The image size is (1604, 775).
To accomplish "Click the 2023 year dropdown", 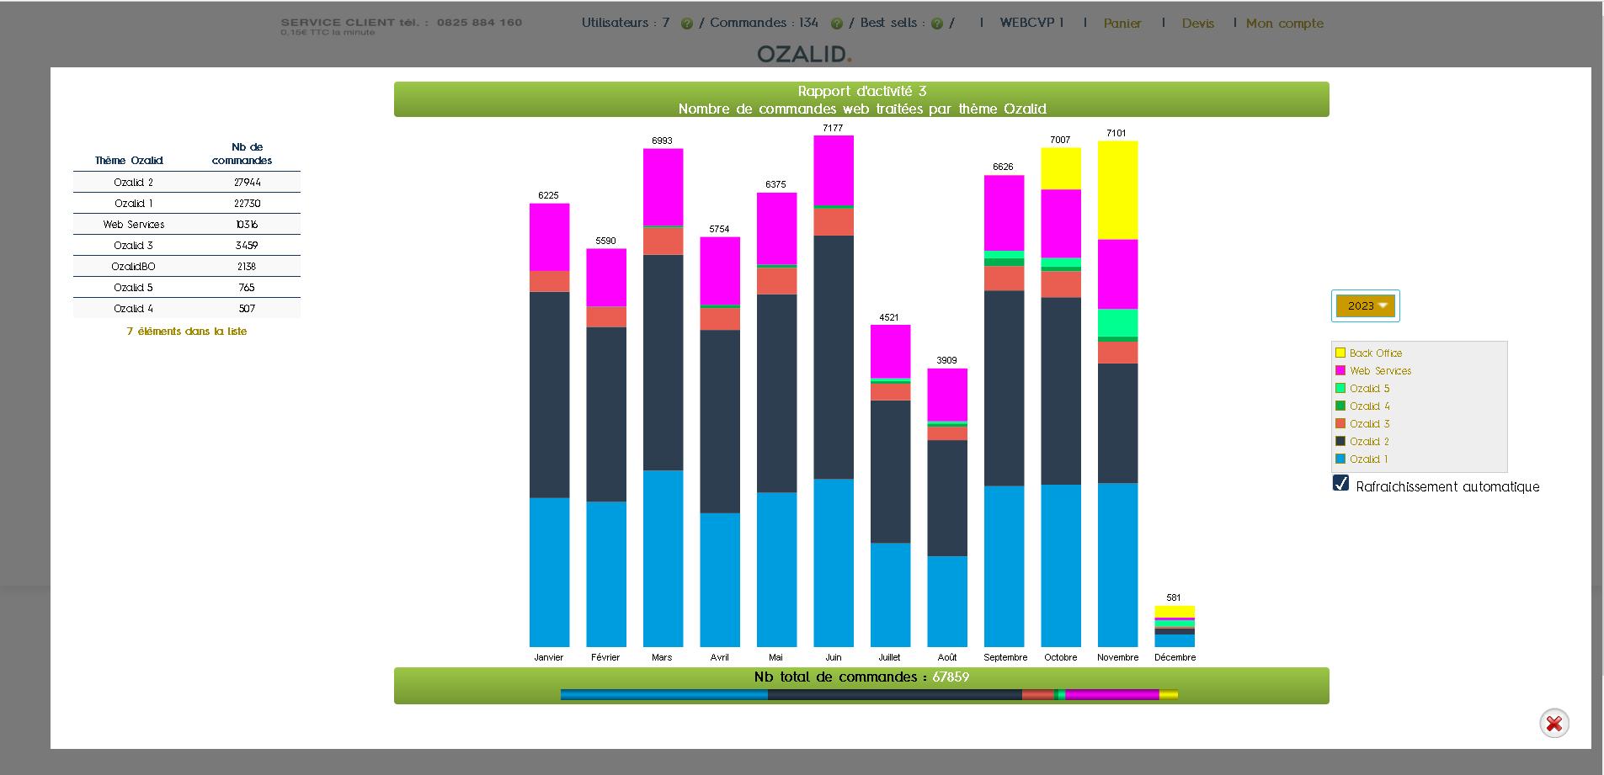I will tap(1365, 306).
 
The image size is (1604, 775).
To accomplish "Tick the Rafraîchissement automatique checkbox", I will tap(1341, 484).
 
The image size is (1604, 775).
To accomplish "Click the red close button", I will tap(1553, 724).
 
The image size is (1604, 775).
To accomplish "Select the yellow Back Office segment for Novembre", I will tap(1117, 190).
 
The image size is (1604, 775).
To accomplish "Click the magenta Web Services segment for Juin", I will tap(833, 170).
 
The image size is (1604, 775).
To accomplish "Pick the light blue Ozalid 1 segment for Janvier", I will tap(549, 571).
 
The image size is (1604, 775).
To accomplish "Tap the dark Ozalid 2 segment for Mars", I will tap(663, 362).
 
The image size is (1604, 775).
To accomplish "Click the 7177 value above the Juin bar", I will tap(832, 128).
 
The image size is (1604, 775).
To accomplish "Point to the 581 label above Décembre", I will tap(1174, 597).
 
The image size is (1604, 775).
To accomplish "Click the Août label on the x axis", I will tap(946, 657).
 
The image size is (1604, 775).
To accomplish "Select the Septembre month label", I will tap(1004, 657).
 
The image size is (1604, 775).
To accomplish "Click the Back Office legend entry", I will tap(1375, 353).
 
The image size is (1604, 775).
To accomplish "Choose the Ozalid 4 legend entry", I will tap(1369, 406).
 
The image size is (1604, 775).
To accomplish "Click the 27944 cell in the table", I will tap(247, 183).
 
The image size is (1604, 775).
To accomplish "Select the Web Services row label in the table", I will tap(134, 225).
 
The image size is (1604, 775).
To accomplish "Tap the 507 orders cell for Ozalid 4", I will tap(247, 309).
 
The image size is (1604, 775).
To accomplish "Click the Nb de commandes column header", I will tap(242, 154).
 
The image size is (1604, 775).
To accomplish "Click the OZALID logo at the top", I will tap(803, 54).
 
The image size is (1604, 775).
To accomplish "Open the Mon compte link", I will tap(1284, 24).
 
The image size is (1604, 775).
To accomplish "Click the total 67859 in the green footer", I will tap(950, 677).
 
